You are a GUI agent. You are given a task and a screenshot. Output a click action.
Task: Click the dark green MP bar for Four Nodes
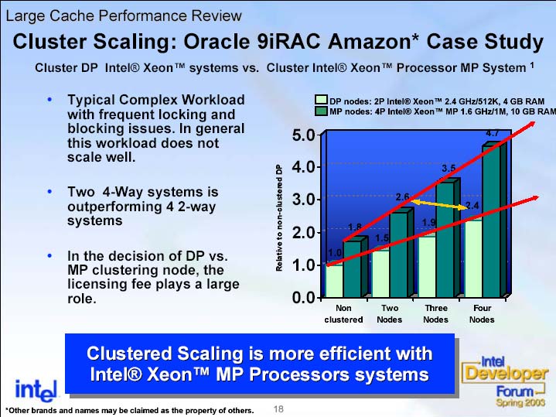[x=491, y=220]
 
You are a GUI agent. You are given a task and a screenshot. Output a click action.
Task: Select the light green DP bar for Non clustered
[x=334, y=281]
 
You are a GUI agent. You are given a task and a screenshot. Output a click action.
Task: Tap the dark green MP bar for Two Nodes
[x=399, y=255]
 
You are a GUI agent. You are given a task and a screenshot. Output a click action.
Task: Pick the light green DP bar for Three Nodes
[x=427, y=267]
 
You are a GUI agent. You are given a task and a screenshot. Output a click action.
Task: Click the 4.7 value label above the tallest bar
[x=492, y=133]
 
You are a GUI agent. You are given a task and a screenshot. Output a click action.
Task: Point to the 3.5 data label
[x=449, y=169]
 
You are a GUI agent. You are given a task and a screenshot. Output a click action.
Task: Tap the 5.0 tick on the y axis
[x=303, y=135]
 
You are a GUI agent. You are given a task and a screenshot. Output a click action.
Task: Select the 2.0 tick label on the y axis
[x=303, y=233]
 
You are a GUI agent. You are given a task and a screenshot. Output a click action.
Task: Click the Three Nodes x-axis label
[x=436, y=314]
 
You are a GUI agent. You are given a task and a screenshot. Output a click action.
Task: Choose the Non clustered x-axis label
[x=343, y=314]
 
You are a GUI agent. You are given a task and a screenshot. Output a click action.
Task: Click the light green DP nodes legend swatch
[x=321, y=100]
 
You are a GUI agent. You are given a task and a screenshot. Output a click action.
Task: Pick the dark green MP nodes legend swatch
[x=321, y=111]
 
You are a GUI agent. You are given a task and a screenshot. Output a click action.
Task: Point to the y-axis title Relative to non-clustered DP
[x=279, y=218]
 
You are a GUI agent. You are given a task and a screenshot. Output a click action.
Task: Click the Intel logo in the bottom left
[x=36, y=391]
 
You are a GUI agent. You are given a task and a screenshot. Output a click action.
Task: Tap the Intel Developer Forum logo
[x=504, y=381]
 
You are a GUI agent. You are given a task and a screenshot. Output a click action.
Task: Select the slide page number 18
[x=278, y=409]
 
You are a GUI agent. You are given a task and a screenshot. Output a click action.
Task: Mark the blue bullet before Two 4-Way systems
[x=49, y=192]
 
